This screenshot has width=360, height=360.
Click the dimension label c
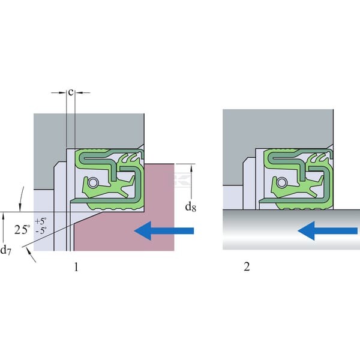(x=71, y=92)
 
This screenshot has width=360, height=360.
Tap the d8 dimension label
(x=191, y=207)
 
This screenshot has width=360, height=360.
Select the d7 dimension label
(x=5, y=250)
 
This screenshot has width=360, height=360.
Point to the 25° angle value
(x=22, y=229)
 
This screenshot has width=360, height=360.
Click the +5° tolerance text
(x=41, y=221)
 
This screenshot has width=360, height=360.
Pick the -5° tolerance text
(x=41, y=230)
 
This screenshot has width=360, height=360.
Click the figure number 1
(x=76, y=267)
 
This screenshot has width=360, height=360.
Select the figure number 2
(x=247, y=266)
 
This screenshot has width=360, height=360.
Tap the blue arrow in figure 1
(x=164, y=230)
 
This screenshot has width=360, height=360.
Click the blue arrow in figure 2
(x=328, y=230)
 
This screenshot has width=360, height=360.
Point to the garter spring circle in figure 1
(x=93, y=183)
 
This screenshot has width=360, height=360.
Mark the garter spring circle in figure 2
(x=282, y=183)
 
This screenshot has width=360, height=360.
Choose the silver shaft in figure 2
(x=291, y=230)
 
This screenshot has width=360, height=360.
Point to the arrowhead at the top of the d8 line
(x=191, y=168)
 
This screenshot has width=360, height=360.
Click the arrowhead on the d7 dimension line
(x=3, y=216)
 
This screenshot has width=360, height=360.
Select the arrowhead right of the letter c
(x=79, y=93)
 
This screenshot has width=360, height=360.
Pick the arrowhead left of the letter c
(x=62, y=93)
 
